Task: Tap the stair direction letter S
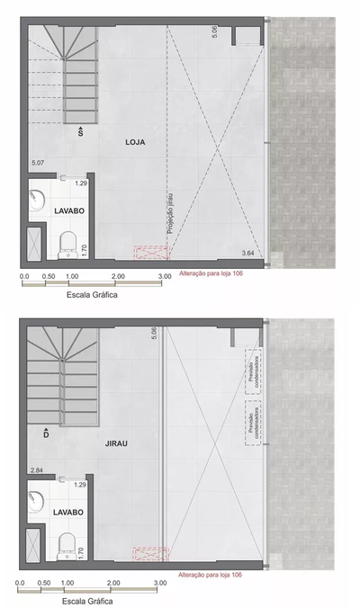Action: pyautogui.click(x=80, y=132)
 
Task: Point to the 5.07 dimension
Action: pyautogui.click(x=38, y=163)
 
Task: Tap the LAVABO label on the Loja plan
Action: pyautogui.click(x=69, y=210)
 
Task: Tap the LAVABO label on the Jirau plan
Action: pyautogui.click(x=69, y=512)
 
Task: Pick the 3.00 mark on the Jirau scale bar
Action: pyautogui.click(x=160, y=582)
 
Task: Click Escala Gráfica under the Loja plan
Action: pyautogui.click(x=91, y=293)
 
